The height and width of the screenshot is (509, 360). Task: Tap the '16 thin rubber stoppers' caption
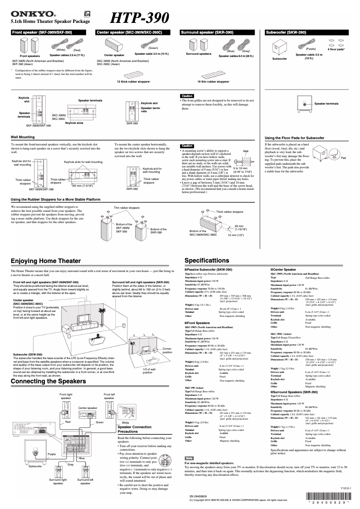[x=213, y=82]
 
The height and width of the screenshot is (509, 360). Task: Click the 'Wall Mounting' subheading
[x=22, y=136]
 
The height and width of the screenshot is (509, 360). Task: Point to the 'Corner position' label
[x=167, y=351]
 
